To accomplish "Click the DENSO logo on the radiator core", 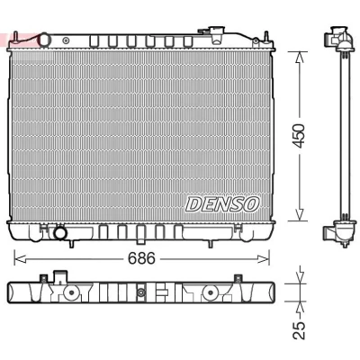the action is [222, 204].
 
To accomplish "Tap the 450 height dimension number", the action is [300, 136].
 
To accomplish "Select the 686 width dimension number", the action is [141, 258].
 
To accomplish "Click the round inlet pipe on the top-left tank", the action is [45, 40].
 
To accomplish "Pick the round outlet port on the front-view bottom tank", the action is [60, 233].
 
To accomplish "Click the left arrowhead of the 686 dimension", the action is [20, 259].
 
